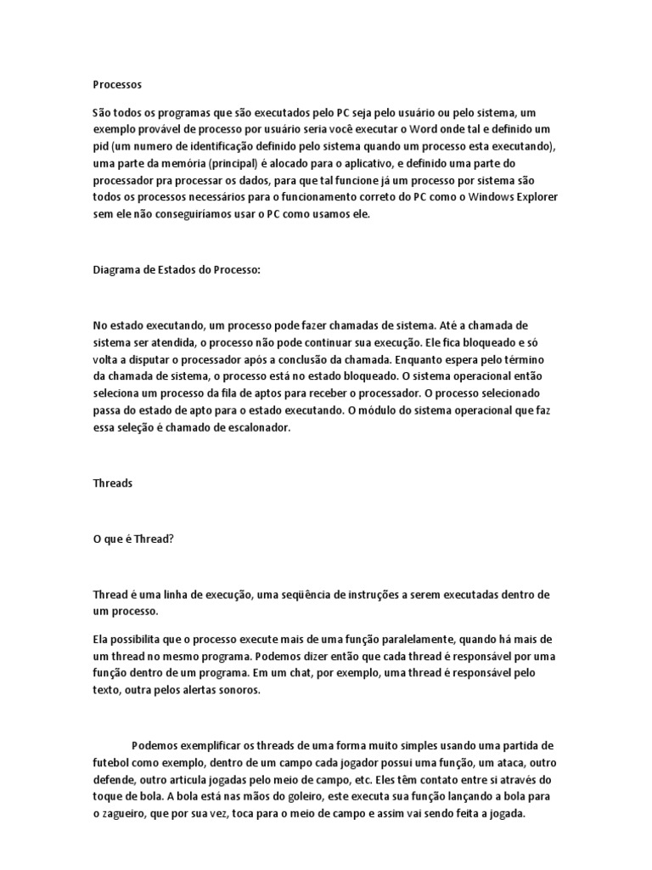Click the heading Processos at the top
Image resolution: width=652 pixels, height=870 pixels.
point(117,85)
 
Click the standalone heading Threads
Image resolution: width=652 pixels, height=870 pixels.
point(112,483)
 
